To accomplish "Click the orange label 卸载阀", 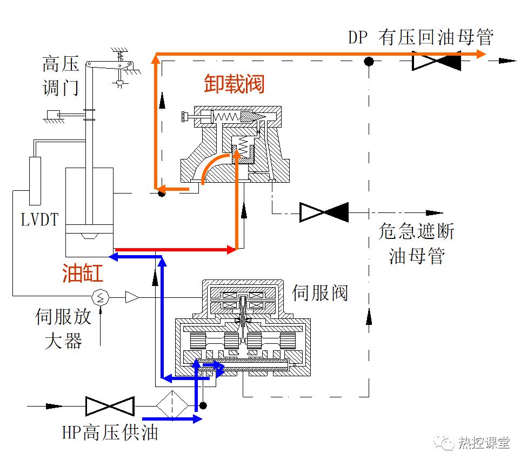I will [234, 84].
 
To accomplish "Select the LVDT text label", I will [39, 218].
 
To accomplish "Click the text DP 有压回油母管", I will [421, 38].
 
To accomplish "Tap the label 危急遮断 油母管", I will [416, 243].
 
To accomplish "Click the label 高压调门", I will [61, 76].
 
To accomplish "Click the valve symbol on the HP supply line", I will [110, 406].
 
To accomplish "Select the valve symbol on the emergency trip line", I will [324, 212].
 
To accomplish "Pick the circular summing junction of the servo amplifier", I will [101, 296].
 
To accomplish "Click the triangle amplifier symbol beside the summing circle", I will [132, 296].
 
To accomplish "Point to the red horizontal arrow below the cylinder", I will [176, 250].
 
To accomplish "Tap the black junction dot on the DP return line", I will [369, 61].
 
